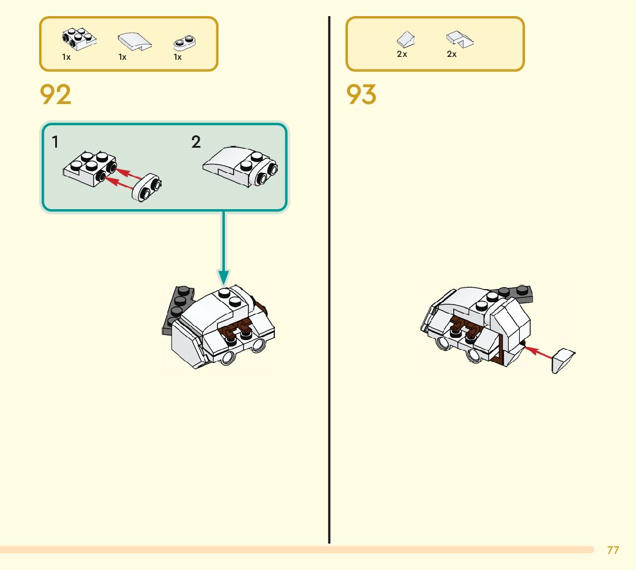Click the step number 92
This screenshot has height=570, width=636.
(x=56, y=95)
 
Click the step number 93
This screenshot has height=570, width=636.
(x=362, y=95)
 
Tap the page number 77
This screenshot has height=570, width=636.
(x=613, y=550)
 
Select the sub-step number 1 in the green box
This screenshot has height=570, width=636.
(x=55, y=142)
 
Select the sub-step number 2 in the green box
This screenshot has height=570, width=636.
(x=196, y=142)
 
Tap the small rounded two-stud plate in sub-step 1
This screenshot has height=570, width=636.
(x=147, y=187)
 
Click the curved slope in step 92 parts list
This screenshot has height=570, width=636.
(x=134, y=41)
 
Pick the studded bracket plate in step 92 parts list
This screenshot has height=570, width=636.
(x=79, y=39)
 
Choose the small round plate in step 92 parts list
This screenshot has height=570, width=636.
(x=185, y=43)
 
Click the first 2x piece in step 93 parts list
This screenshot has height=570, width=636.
(x=406, y=39)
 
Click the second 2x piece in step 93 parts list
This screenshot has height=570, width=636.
(x=459, y=39)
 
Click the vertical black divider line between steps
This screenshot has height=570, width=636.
(x=330, y=287)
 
